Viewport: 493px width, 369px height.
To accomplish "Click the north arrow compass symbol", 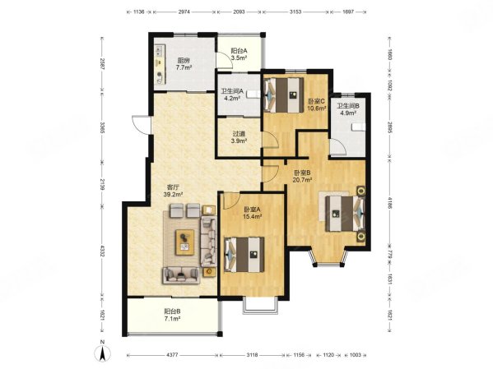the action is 102,353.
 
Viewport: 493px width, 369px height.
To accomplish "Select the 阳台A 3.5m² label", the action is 239,53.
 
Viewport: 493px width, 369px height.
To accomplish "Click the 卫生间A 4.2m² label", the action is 232,95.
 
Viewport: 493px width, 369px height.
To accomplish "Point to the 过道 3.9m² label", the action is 239,137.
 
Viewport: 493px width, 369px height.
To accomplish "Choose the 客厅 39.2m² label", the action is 173,191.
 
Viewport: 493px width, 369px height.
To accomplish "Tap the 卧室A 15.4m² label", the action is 252,213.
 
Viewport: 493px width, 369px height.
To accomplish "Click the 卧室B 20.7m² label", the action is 302,176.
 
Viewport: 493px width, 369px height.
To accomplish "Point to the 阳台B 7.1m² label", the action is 172,315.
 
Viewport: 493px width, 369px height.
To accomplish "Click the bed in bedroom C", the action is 284,95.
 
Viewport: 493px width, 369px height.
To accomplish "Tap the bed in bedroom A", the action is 244,255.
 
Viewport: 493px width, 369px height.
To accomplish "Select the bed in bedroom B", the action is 345,209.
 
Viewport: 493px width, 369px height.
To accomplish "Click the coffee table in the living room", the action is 185,242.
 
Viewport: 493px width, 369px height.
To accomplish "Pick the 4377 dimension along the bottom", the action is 172,355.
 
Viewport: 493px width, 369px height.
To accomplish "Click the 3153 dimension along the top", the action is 295,12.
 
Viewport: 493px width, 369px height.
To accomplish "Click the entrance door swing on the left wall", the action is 142,125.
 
